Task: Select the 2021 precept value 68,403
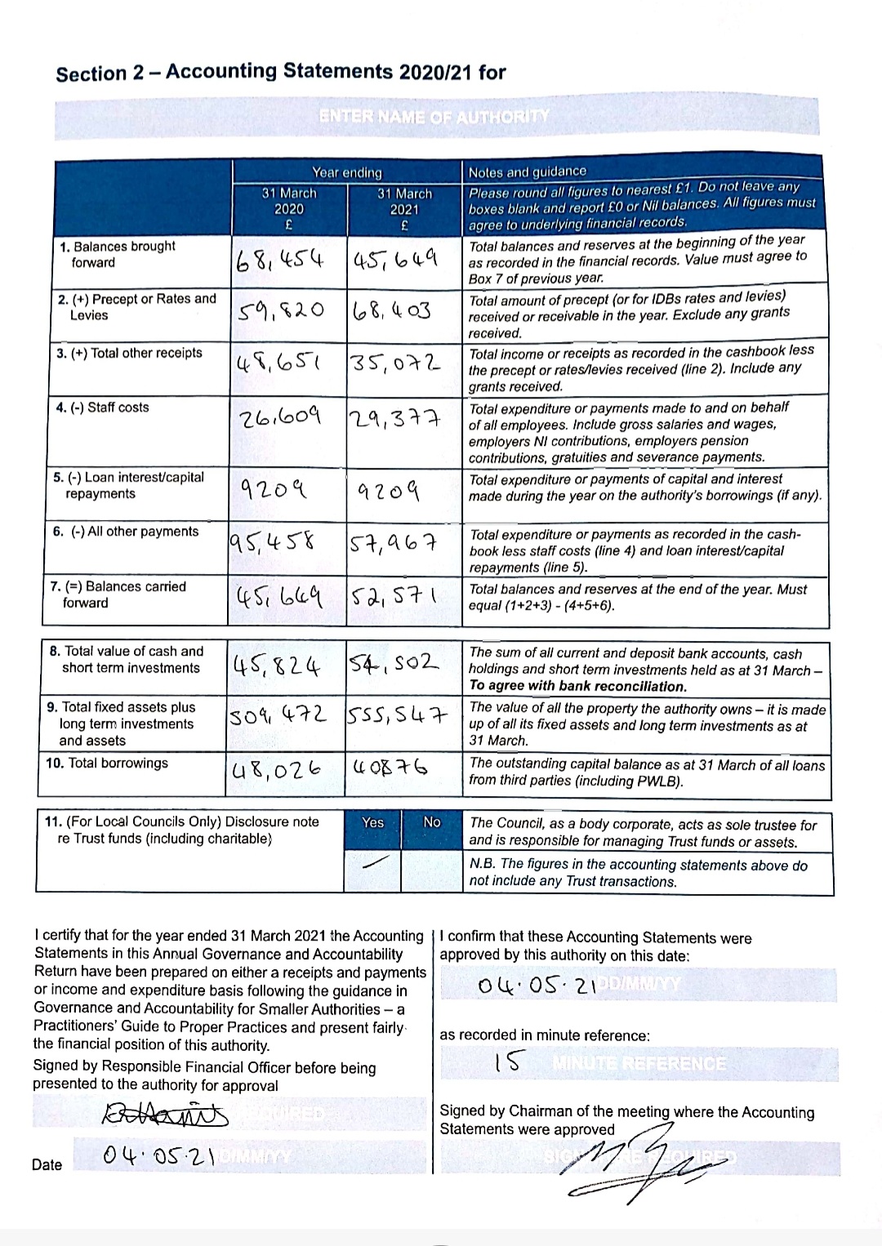coord(392,311)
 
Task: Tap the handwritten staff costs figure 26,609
coord(279,419)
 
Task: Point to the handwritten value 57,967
coord(394,542)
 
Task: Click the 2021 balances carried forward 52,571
coord(394,598)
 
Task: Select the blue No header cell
coord(432,823)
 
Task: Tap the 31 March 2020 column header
coord(289,208)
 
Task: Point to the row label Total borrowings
coord(107,763)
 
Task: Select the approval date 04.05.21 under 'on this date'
coord(535,986)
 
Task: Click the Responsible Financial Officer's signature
coord(164,1114)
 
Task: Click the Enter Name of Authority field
coord(436,117)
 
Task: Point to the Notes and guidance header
coord(528,171)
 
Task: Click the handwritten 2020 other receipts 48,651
coord(278,364)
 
